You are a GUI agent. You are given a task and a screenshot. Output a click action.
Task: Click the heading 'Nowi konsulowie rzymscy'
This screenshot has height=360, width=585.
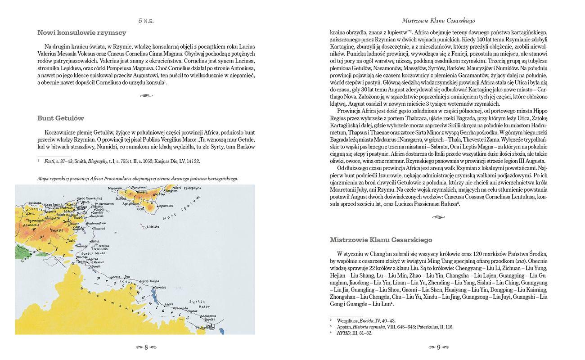click(81, 33)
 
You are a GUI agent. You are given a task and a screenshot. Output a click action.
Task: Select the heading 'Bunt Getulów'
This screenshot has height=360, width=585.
click(61, 118)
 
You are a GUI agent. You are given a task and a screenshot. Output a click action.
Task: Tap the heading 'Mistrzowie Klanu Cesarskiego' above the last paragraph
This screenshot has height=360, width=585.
click(381, 240)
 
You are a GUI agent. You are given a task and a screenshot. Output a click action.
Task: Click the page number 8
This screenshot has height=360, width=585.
click(146, 347)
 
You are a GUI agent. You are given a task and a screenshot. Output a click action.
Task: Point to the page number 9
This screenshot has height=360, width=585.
click(439, 347)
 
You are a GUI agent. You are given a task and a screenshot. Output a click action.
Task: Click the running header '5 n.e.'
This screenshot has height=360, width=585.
click(146, 21)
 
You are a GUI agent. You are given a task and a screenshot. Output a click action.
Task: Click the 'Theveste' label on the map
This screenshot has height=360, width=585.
click(56, 230)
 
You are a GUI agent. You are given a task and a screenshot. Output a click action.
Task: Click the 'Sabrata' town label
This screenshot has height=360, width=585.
click(115, 277)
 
